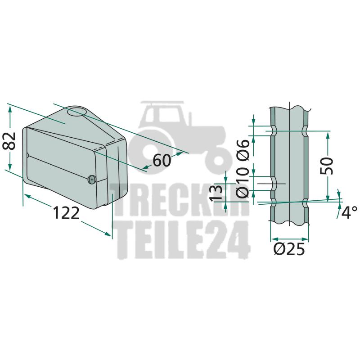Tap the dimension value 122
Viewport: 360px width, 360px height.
(x=66, y=213)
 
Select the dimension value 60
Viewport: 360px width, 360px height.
(x=162, y=160)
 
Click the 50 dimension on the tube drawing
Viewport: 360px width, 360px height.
(x=327, y=166)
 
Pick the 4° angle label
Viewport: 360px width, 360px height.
(x=349, y=212)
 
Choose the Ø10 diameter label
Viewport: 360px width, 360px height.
(x=243, y=183)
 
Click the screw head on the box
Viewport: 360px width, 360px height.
(x=92, y=180)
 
